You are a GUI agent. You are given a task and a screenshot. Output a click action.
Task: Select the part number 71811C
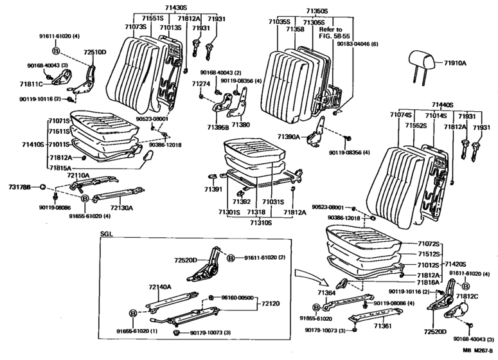click(x=30, y=84)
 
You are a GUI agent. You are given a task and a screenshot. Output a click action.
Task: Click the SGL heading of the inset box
click(x=106, y=236)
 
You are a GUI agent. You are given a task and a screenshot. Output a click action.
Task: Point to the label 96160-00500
click(x=238, y=298)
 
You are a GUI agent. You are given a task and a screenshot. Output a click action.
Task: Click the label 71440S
click(x=442, y=104)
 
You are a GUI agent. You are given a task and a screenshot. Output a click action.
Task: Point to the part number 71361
click(x=384, y=326)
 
